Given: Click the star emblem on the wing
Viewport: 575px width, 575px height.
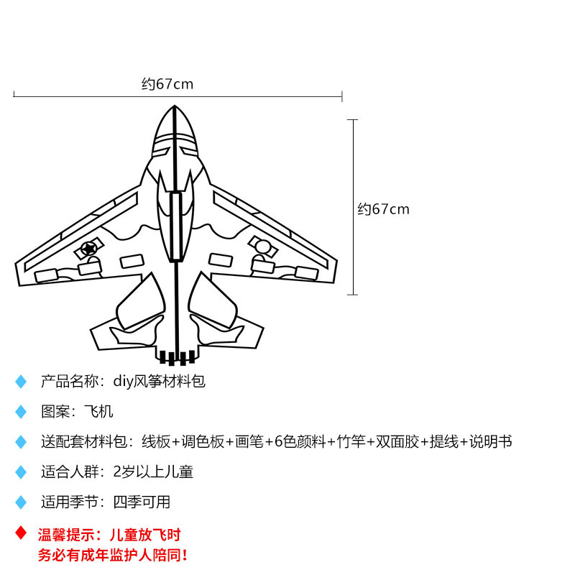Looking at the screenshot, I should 89,249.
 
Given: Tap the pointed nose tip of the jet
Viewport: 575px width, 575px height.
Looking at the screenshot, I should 175,108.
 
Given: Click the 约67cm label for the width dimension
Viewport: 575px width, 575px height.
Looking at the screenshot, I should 167,84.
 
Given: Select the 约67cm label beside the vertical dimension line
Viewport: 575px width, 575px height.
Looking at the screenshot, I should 383,209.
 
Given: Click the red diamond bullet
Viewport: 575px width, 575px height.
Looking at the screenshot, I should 21,533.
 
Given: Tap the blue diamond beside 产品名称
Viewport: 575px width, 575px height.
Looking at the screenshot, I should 21,382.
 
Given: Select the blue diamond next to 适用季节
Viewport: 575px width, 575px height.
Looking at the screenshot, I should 21,502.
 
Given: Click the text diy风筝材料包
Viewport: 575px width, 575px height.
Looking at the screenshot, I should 159,382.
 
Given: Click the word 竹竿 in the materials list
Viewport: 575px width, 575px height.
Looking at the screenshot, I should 351,442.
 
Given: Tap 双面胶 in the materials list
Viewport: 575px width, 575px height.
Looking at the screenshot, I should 396,442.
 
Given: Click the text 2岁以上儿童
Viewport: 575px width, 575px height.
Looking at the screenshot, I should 153,472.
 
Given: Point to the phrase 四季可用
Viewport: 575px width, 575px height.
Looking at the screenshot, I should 142,502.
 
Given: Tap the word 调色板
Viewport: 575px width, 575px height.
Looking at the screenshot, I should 203,442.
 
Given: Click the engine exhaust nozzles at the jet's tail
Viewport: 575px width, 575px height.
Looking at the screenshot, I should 176,356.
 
